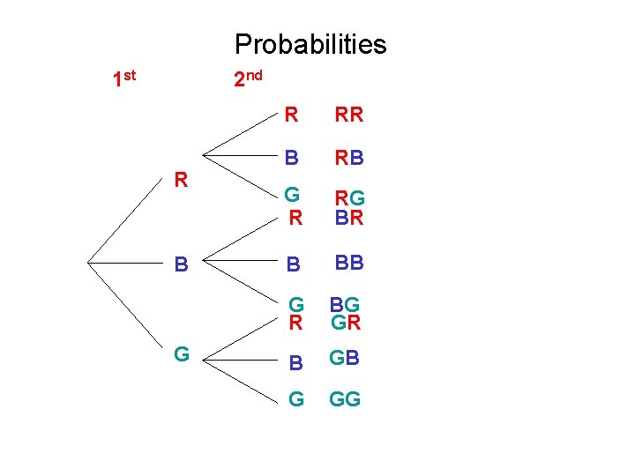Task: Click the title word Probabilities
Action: point(310,44)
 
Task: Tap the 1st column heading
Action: point(124,79)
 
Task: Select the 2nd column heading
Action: point(247,79)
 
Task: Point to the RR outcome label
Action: point(348,115)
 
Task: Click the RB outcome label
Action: point(348,159)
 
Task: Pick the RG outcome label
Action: point(348,199)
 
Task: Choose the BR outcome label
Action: point(348,218)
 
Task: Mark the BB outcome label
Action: point(348,262)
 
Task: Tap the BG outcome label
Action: point(345,305)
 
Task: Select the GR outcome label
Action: point(345,323)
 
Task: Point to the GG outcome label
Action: point(345,399)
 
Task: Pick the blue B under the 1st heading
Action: point(181,264)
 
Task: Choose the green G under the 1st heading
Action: point(182,354)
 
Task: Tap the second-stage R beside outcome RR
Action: point(291,115)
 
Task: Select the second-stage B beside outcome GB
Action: point(296,361)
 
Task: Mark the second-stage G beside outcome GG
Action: point(296,399)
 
